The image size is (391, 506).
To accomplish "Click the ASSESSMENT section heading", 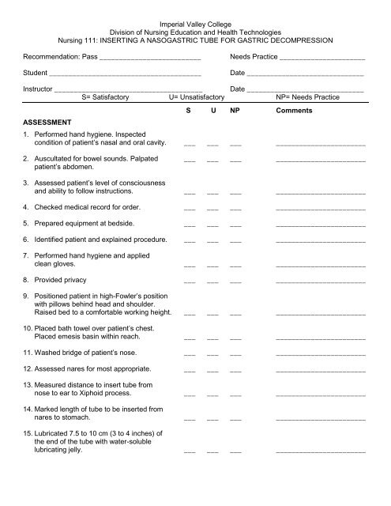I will point(49,123).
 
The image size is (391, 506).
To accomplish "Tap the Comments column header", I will point(294,111).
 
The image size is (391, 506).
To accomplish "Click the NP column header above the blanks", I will point(235,111).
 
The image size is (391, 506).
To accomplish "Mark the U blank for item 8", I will point(212,281).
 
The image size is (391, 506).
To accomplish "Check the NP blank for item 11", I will point(235,352).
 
